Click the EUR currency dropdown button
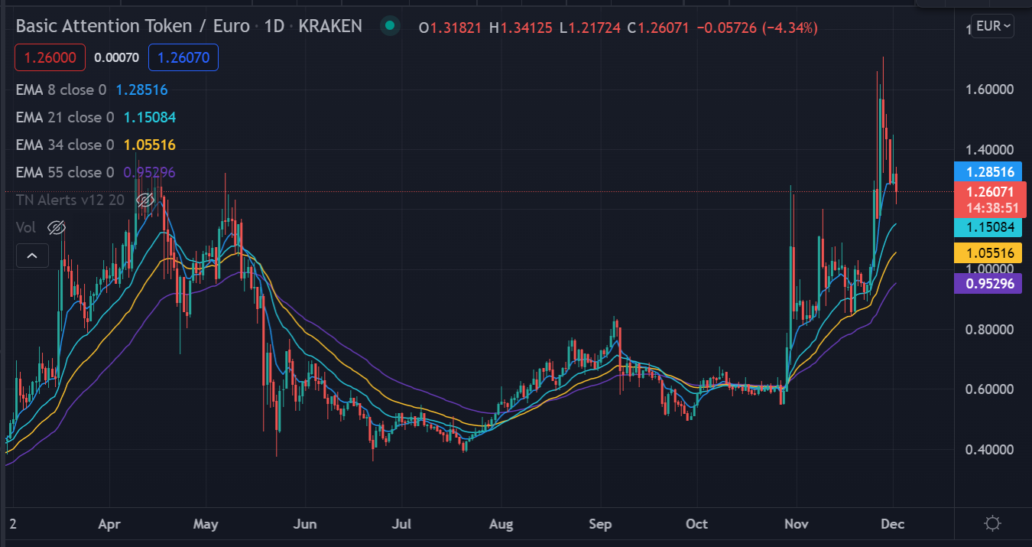[x=993, y=26]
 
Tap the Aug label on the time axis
[x=501, y=524]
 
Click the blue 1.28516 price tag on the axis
[x=988, y=172]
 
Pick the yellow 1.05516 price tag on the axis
[x=988, y=253]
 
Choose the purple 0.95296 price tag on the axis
[x=988, y=284]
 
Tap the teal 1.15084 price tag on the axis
[x=988, y=227]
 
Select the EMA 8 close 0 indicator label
[x=60, y=90]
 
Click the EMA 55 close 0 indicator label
[x=64, y=172]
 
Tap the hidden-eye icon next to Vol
[x=56, y=227]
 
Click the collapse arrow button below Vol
[x=32, y=256]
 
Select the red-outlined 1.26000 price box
[x=50, y=57]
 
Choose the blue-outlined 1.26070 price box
[x=183, y=57]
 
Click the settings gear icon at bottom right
[x=992, y=524]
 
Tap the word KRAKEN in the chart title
[x=330, y=27]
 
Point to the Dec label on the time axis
[x=893, y=524]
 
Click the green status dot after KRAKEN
[x=391, y=27]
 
